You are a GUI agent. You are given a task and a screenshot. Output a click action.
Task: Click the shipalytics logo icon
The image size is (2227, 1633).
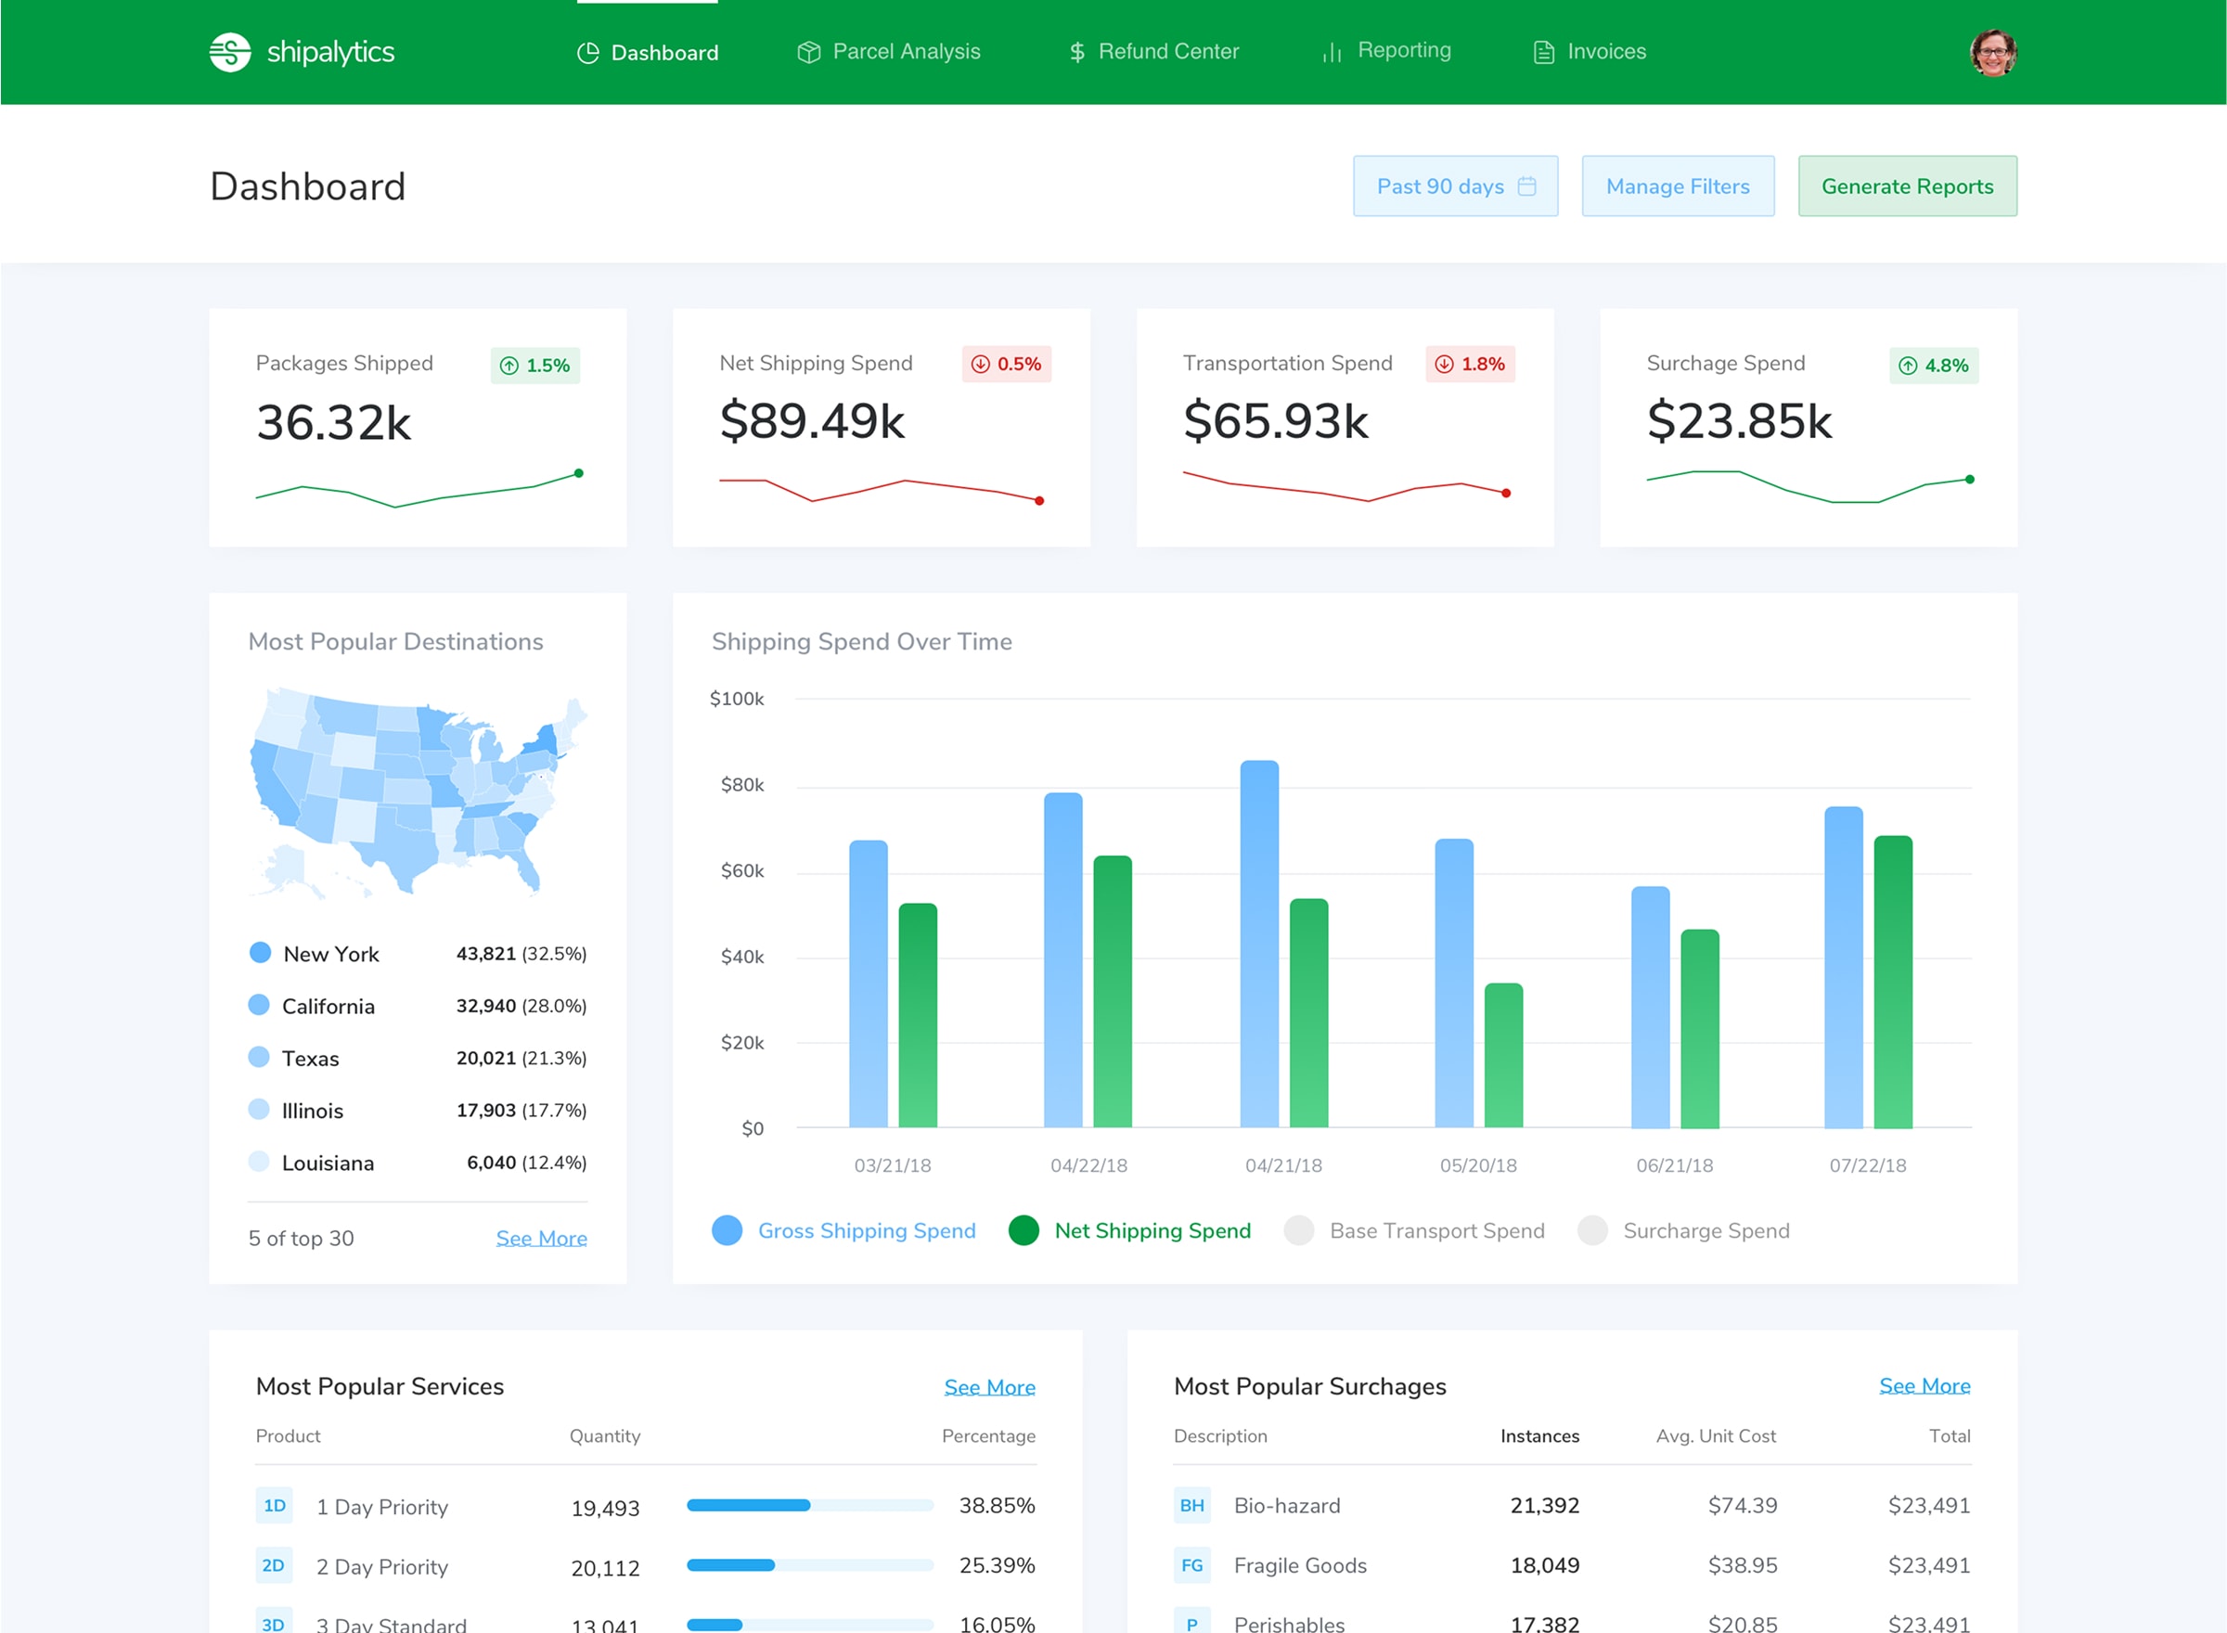229,52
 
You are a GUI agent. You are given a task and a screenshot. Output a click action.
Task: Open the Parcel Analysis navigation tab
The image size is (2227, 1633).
889,51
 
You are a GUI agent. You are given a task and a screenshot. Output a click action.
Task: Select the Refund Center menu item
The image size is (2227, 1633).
1153,51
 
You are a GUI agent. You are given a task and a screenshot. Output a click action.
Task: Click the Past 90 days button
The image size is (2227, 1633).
1454,186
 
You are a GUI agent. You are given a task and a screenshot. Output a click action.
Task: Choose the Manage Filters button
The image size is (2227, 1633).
1677,186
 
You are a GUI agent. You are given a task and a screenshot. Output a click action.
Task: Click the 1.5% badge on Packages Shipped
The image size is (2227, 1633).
534,366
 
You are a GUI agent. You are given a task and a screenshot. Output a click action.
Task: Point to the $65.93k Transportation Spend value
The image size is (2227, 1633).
1275,421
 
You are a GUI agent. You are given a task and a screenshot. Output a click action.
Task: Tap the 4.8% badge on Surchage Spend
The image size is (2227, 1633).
1933,366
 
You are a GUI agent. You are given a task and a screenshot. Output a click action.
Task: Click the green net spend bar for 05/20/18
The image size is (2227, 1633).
1502,1055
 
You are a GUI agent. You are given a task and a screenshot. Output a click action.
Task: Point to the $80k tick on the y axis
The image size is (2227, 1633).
741,785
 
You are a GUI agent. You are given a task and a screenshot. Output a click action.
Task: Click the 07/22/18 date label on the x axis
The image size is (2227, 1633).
1866,1165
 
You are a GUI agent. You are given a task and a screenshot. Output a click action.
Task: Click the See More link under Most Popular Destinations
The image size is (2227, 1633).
541,1239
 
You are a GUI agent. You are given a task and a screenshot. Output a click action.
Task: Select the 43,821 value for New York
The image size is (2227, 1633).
485,954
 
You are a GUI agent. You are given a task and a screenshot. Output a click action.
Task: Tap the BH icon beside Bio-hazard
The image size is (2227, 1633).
1191,1506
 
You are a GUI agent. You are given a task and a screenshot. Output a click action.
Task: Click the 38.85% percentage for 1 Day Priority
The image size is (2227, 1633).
997,1506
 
